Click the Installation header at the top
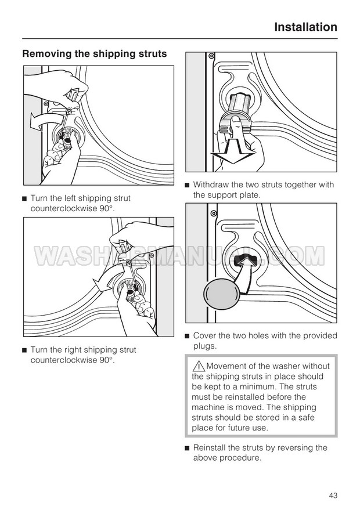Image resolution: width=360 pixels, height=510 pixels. [305, 27]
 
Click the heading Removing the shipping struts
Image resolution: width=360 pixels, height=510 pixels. [94, 54]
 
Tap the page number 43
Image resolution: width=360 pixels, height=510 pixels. [333, 495]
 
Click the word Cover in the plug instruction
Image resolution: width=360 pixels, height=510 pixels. [204, 336]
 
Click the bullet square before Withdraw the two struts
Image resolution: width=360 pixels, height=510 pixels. [187, 186]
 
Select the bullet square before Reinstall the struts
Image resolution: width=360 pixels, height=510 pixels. [187, 448]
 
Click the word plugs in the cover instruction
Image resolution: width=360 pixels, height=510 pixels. [204, 346]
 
